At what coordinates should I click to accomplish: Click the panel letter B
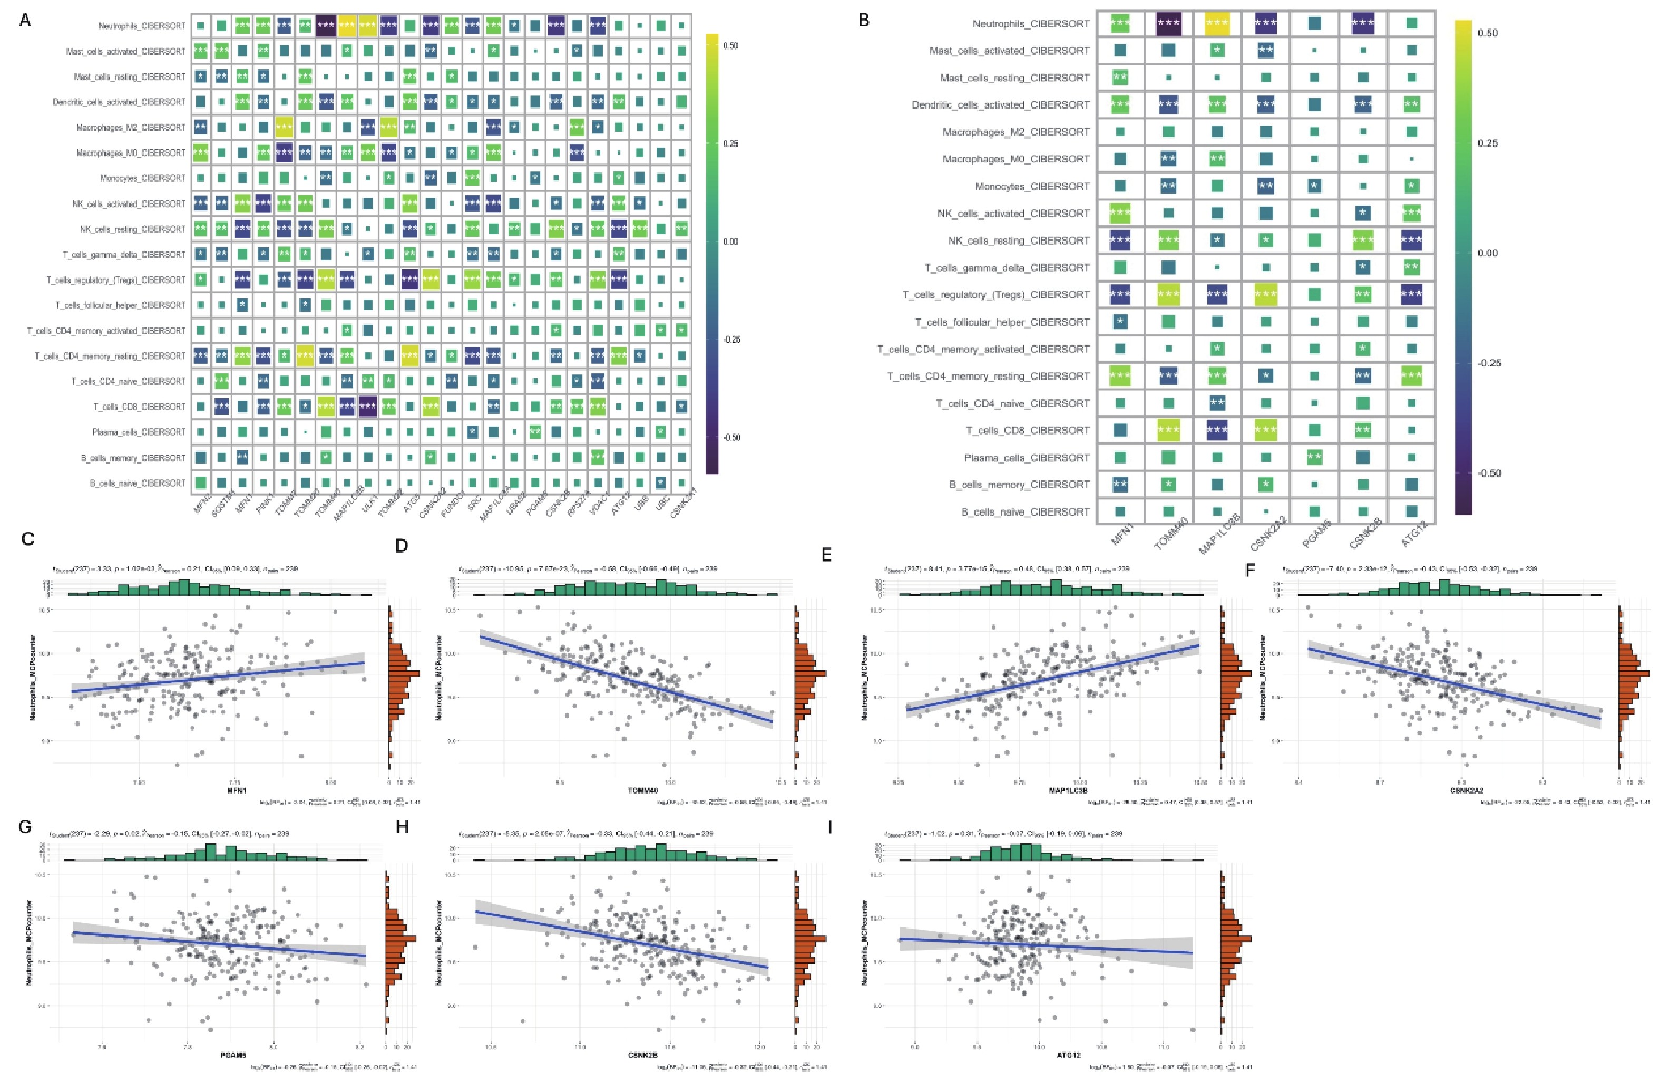[864, 20]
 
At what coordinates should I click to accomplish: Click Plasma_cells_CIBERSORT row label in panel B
[1026, 458]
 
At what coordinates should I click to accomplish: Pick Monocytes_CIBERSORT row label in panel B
[1032, 186]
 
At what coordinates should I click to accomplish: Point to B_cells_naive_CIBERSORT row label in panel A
[138, 483]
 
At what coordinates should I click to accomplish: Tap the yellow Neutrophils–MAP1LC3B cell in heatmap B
[1217, 24]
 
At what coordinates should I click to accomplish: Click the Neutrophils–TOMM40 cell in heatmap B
[1168, 24]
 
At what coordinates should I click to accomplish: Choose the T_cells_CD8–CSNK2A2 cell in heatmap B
[1265, 431]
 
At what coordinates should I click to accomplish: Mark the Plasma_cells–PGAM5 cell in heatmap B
[1314, 458]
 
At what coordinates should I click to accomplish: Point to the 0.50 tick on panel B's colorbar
[1487, 33]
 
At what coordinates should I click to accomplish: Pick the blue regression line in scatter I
[1046, 945]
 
